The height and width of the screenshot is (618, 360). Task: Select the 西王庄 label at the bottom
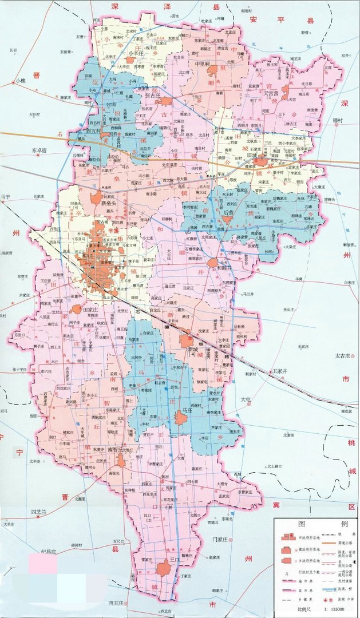coord(117,603)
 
